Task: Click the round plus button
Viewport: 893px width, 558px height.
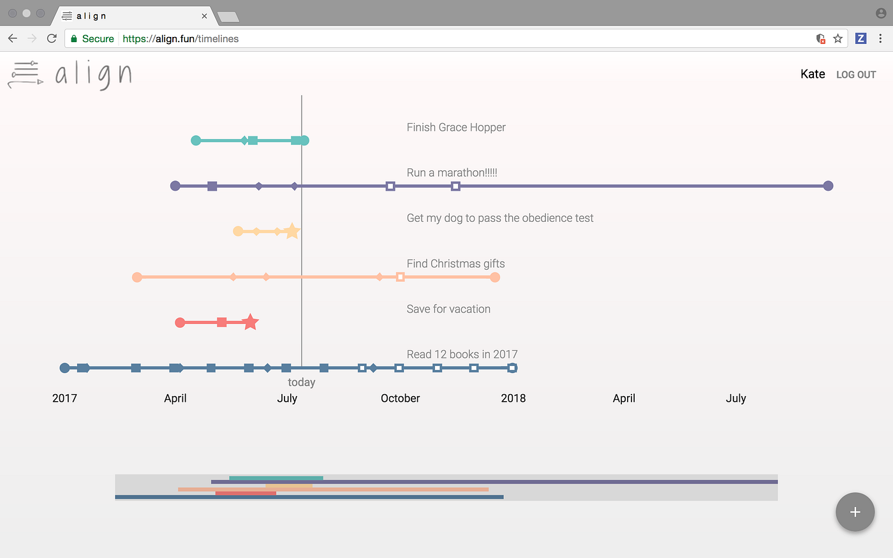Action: point(855,511)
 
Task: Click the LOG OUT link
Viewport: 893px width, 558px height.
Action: point(856,75)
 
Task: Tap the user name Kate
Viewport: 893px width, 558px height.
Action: point(813,74)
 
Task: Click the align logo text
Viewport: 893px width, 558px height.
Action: point(93,75)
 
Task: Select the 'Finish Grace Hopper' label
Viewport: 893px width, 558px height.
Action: point(456,128)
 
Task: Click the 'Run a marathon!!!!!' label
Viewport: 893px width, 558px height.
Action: point(452,173)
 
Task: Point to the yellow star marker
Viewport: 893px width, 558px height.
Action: point(292,231)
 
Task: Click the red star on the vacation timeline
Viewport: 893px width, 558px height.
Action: point(251,322)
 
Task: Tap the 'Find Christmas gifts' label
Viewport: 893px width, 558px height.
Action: point(455,264)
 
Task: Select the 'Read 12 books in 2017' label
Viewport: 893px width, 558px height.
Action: point(462,355)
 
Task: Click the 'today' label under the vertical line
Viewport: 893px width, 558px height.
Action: point(301,383)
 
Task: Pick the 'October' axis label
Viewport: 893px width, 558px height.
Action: point(400,399)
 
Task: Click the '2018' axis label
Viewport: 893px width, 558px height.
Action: point(513,399)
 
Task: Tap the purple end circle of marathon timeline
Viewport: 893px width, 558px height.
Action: point(828,186)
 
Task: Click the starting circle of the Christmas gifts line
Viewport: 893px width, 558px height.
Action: point(137,277)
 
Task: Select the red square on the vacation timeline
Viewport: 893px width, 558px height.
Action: point(221,323)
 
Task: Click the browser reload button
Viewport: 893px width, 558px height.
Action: point(52,38)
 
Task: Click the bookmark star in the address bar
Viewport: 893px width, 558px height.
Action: point(838,38)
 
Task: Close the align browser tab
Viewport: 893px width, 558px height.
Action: point(204,16)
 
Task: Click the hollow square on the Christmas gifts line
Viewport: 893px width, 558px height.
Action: point(400,277)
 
